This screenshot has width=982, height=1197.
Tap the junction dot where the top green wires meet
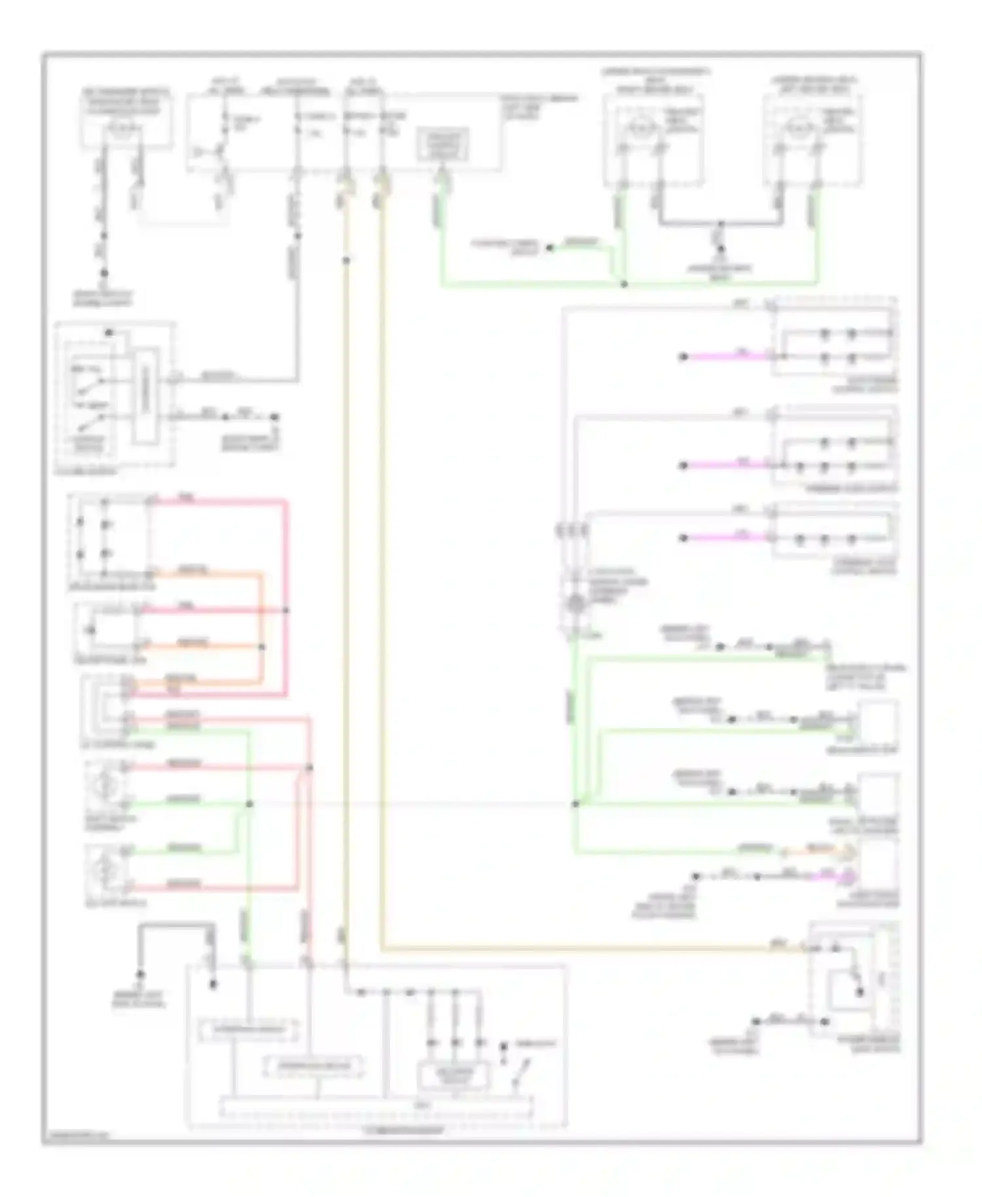(624, 284)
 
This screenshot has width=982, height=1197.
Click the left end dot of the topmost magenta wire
(683, 357)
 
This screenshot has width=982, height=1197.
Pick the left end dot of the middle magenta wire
(683, 466)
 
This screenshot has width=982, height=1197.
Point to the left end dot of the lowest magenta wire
(683, 538)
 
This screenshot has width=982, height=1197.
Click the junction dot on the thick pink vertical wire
(286, 610)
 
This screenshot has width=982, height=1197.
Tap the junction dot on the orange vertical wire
(262, 646)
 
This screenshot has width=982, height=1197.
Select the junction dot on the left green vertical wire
(249, 803)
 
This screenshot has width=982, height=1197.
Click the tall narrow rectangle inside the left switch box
(145, 396)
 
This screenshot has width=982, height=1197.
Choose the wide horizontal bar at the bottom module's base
(376, 1105)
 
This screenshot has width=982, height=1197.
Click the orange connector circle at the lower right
(848, 853)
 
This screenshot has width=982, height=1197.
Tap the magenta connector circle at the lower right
(848, 875)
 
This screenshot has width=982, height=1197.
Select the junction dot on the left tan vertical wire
(346, 261)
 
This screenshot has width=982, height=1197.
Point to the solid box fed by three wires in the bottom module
(453, 1074)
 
